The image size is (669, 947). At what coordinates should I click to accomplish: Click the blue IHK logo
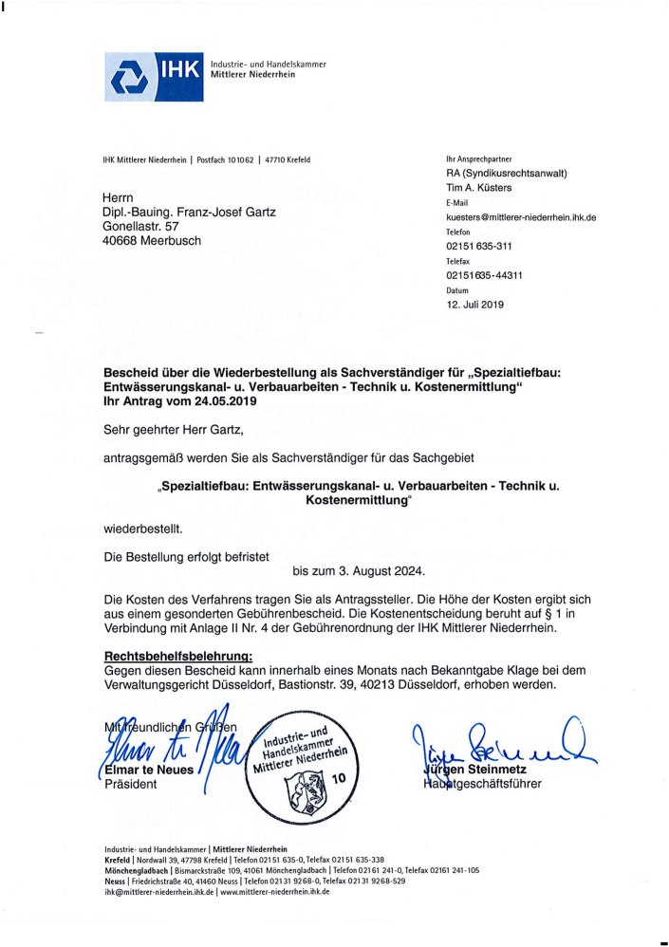coord(152,76)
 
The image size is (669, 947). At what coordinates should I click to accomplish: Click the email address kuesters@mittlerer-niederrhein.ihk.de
coord(520,217)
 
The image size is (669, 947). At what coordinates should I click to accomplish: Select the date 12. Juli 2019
coord(475,305)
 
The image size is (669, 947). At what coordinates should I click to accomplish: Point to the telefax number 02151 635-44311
coord(484,275)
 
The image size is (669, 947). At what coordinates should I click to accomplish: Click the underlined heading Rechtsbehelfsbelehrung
coord(177,655)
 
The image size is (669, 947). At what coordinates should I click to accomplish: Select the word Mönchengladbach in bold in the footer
coord(138,869)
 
